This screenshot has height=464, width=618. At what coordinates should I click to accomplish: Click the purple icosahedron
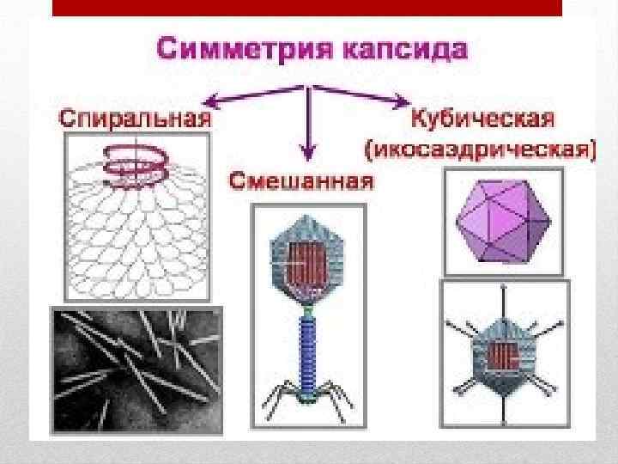coord(503,223)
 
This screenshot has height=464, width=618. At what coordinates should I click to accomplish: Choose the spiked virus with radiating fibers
coord(502,352)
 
